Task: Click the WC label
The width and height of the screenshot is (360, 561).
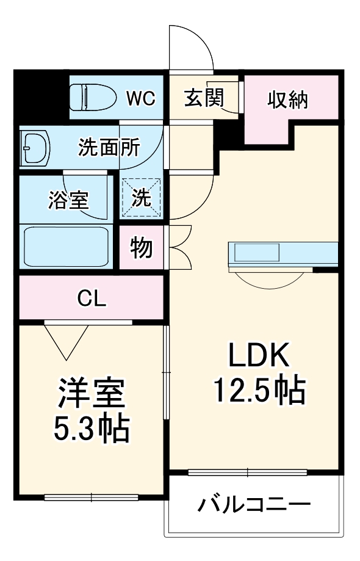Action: coord(140,97)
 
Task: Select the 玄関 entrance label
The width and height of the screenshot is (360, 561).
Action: coord(204,98)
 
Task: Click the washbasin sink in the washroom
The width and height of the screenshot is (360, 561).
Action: coord(34,148)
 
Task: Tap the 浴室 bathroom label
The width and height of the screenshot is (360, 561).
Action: coord(68,200)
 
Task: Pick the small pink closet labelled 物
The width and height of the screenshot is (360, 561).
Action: coord(142,248)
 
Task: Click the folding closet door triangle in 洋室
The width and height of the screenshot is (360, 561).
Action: coord(66,339)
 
